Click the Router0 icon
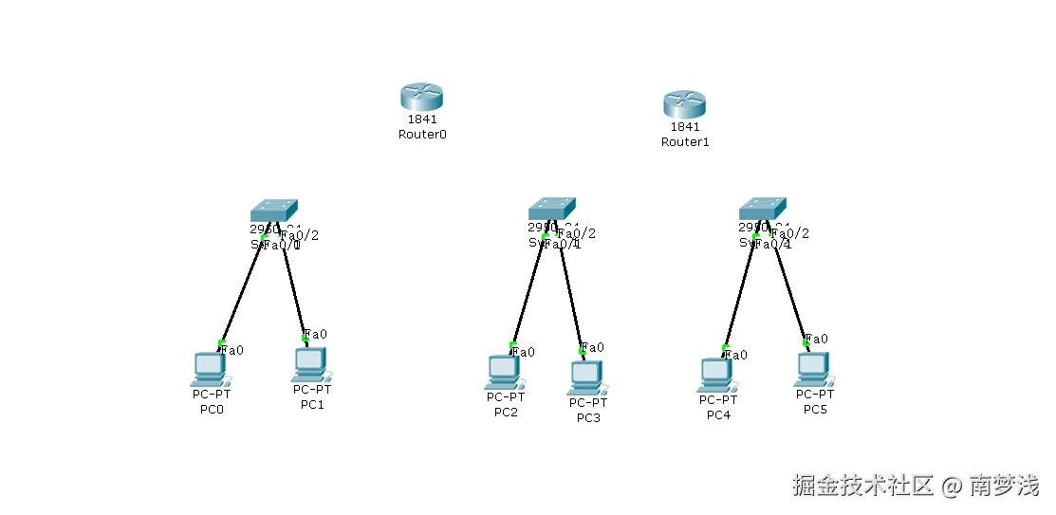[x=421, y=97]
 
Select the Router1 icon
[x=684, y=103]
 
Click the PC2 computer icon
[x=505, y=373]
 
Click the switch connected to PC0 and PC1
[x=274, y=211]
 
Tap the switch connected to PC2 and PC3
[x=551, y=209]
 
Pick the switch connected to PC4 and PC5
[x=763, y=209]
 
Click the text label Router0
[x=422, y=135]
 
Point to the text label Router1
[x=685, y=142]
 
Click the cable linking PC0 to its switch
[x=242, y=290]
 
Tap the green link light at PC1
[x=305, y=337]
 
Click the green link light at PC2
[x=512, y=344]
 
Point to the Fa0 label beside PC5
[x=817, y=339]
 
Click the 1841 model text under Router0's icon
[x=421, y=120]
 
